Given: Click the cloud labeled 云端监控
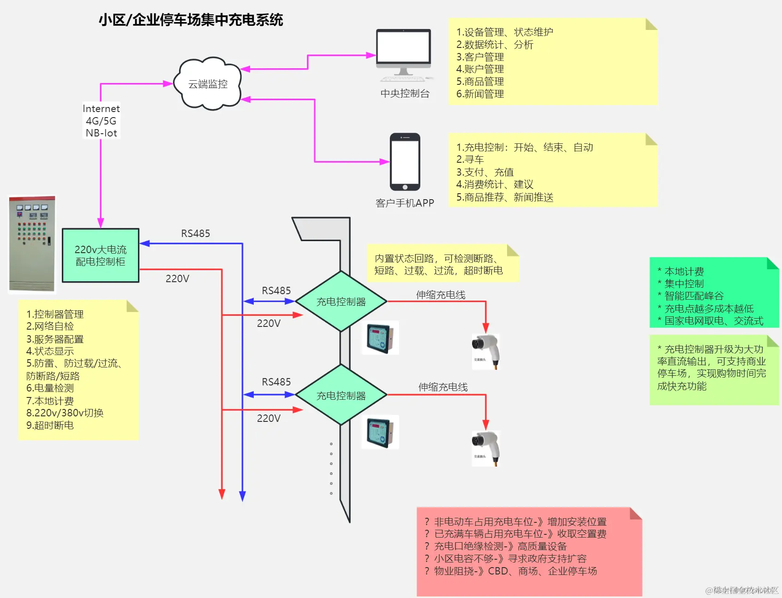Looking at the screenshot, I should click(208, 84).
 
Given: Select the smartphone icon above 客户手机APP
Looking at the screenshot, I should click(405, 162).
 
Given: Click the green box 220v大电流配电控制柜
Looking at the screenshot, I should click(101, 255).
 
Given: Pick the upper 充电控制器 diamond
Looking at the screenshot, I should click(341, 302).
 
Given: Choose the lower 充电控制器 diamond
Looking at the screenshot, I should click(341, 395).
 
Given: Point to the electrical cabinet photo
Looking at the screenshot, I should click(32, 244).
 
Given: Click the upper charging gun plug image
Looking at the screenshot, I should click(485, 351).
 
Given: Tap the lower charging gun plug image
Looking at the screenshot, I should click(485, 448).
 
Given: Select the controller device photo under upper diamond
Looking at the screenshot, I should click(381, 338).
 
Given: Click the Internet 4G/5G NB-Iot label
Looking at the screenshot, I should click(101, 121).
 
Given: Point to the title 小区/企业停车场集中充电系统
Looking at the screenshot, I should click(191, 20).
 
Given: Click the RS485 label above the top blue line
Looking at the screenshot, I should click(195, 233).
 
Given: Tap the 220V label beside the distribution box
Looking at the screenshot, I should click(177, 278).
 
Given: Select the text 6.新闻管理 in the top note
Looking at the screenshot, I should click(480, 94).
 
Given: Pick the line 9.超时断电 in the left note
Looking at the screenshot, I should click(50, 425).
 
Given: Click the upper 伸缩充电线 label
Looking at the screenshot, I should click(441, 295).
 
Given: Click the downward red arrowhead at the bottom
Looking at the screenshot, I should click(222, 495).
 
